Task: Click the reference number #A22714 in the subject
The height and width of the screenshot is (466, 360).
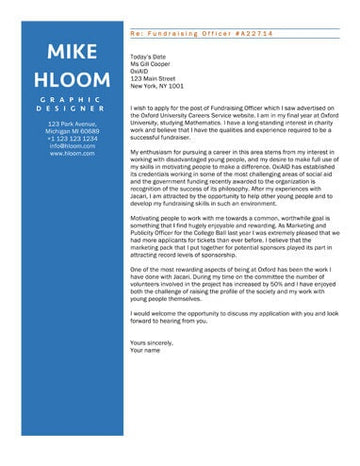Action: [251, 33]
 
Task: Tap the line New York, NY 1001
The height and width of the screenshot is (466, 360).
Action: [157, 86]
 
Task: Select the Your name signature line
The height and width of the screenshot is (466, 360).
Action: [145, 349]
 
